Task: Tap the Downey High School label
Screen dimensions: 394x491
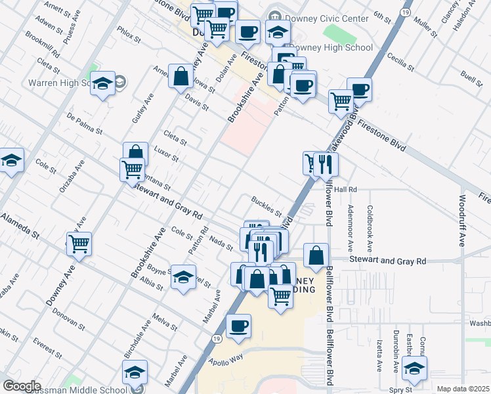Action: pos(331,47)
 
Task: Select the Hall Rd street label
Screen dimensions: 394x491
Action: pos(345,189)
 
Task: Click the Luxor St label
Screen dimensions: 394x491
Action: pos(166,154)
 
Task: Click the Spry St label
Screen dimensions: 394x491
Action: pos(400,389)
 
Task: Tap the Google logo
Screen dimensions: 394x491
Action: pos(22,386)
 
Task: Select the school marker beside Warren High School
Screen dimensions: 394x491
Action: pos(103,83)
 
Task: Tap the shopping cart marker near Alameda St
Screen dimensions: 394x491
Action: pos(79,244)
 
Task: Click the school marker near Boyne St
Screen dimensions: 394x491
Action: pos(184,278)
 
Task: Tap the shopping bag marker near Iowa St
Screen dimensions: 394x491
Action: pos(181,76)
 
